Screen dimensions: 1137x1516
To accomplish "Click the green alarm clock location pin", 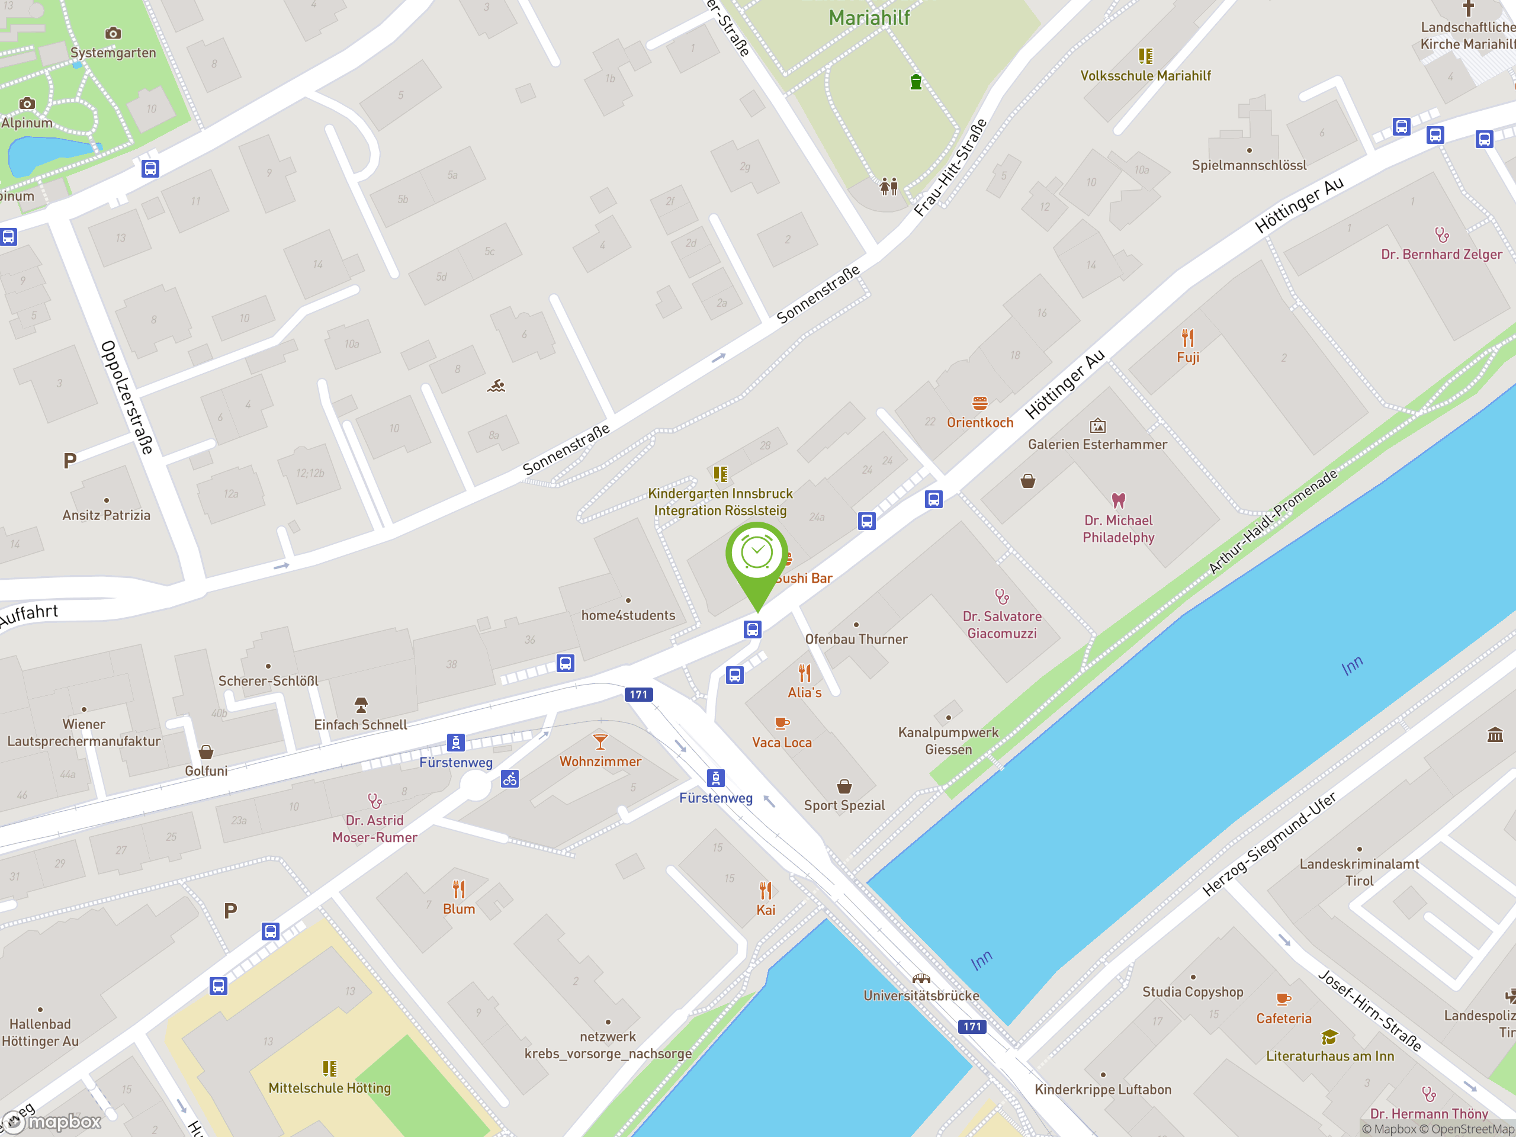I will (x=757, y=555).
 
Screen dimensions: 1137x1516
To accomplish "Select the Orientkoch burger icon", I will (x=980, y=403).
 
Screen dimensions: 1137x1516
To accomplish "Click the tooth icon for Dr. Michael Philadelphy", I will (x=1119, y=500).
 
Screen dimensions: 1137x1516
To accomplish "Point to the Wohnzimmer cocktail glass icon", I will (x=600, y=741).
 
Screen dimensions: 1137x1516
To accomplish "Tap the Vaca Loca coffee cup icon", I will (x=781, y=723).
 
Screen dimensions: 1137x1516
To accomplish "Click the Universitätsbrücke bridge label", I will (x=921, y=995).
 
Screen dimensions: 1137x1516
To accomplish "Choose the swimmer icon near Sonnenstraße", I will (x=497, y=387).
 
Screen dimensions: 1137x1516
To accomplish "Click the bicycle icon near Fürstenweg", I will (x=510, y=779).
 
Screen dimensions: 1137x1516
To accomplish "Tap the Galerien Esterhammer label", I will (x=1097, y=444).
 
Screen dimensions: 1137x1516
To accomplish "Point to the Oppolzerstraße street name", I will (x=127, y=397).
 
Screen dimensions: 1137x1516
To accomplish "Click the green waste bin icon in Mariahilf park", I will (x=916, y=82).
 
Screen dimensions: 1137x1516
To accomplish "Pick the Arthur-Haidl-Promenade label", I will (x=1272, y=522).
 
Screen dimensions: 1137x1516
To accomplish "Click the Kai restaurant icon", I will (x=766, y=890).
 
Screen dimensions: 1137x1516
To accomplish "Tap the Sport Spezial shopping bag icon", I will (x=844, y=786).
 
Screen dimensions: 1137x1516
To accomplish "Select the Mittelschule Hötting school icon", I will (x=330, y=1068).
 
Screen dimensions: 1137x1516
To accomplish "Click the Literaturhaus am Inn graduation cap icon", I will (x=1329, y=1037).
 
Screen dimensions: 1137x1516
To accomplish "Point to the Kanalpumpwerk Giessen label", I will (x=949, y=741).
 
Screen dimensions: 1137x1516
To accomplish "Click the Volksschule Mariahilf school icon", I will (x=1145, y=56).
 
